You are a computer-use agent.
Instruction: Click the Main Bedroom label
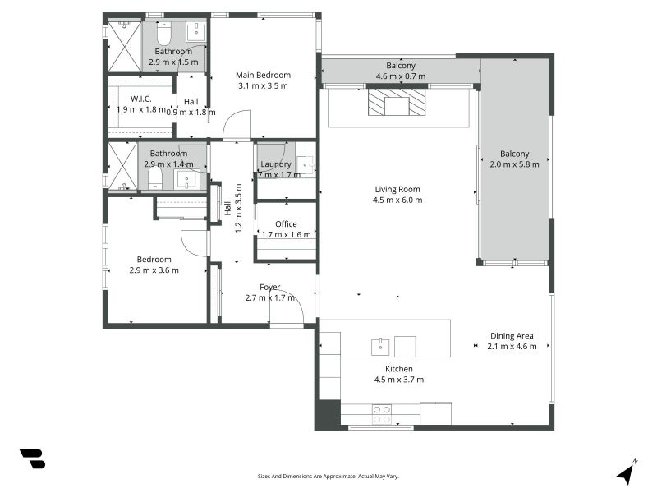(x=263, y=75)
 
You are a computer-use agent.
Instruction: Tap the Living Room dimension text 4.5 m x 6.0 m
(x=397, y=200)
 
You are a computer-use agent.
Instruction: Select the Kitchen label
(x=399, y=369)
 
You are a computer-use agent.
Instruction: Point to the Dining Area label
(x=512, y=336)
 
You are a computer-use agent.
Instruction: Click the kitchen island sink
(x=380, y=347)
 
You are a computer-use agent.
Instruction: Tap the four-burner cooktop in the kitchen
(x=382, y=414)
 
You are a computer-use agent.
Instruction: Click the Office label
(x=286, y=223)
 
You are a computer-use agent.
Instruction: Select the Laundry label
(x=276, y=164)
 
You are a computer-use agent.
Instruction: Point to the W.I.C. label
(x=140, y=99)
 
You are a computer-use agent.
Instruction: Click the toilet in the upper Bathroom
(x=163, y=34)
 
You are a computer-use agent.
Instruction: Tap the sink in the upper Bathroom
(x=196, y=32)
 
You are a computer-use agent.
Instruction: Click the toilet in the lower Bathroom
(x=155, y=179)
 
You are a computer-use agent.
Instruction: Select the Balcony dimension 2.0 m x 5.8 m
(x=515, y=164)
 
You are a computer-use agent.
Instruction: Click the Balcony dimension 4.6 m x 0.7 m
(x=401, y=76)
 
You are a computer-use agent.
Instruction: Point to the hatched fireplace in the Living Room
(x=397, y=101)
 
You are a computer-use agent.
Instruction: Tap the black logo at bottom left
(x=33, y=458)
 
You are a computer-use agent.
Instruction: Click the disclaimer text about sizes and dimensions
(x=328, y=477)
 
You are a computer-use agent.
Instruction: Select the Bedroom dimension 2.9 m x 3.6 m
(x=154, y=270)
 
